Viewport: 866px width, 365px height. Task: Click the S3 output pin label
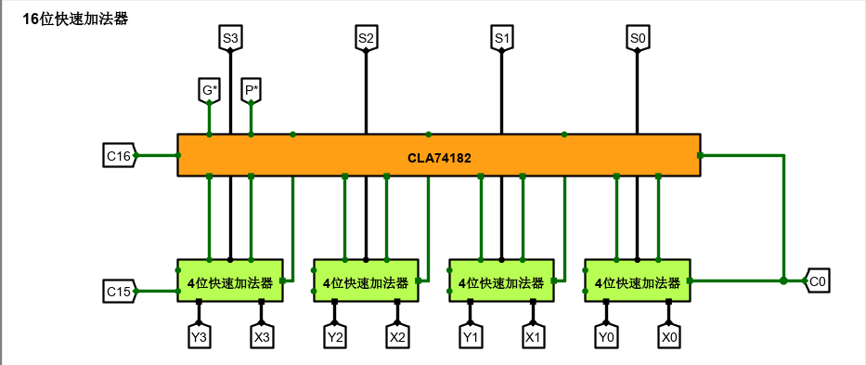[230, 38]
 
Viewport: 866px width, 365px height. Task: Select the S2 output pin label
[366, 38]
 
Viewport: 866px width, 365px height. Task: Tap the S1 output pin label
[502, 38]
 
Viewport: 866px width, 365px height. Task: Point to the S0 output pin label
[638, 38]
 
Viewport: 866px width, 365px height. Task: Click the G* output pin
[210, 91]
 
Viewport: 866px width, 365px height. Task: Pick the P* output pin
[251, 91]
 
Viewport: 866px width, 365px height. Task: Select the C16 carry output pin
[119, 155]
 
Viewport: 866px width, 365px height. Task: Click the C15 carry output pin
[119, 292]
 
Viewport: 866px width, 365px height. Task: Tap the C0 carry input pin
[817, 280]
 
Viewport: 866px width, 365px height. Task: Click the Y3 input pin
[199, 336]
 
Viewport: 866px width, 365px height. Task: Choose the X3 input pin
[262, 336]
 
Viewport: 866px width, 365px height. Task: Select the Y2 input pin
[334, 336]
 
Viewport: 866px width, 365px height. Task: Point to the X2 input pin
[397, 336]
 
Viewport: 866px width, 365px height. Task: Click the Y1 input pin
[471, 336]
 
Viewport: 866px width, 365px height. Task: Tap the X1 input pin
[533, 336]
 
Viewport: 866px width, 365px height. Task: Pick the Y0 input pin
[606, 336]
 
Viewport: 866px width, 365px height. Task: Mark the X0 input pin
[668, 336]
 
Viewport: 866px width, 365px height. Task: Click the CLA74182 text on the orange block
[439, 158]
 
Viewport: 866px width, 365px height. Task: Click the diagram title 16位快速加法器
[76, 19]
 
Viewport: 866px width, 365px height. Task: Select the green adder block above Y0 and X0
[637, 280]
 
